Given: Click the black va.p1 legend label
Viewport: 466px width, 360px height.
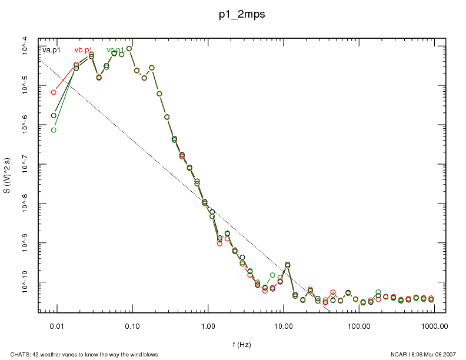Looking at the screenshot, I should [52, 50].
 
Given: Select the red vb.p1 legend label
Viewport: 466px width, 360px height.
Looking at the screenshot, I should [84, 50].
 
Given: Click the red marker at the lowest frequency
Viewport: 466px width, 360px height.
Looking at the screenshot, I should [54, 92].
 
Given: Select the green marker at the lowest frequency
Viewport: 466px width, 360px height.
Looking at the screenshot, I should [54, 130].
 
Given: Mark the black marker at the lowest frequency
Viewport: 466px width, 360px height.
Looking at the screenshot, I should [54, 115].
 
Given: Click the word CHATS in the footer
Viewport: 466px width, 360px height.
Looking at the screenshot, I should [12, 354].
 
